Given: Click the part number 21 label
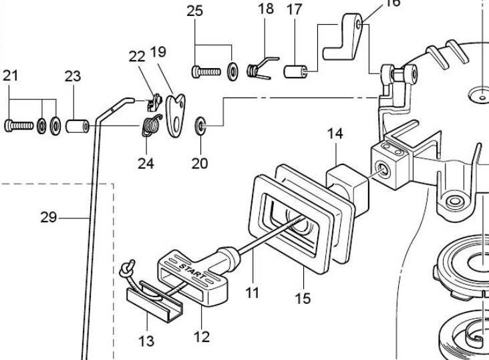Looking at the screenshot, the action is [10, 75].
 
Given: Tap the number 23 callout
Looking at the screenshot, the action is [73, 76].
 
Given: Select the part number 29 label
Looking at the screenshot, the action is [49, 217].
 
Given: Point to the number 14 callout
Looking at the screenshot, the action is [335, 134].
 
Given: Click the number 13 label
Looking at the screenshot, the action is [146, 341].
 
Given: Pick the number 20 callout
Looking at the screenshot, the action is [200, 164].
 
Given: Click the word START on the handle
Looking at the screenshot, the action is [192, 271].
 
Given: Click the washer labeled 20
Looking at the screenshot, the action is [200, 126].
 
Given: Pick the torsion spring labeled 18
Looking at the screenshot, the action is [262, 68].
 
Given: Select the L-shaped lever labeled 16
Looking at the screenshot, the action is [343, 37].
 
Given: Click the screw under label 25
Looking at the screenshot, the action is [206, 72].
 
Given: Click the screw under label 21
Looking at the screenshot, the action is [19, 126].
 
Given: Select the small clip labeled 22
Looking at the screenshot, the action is [155, 103].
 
